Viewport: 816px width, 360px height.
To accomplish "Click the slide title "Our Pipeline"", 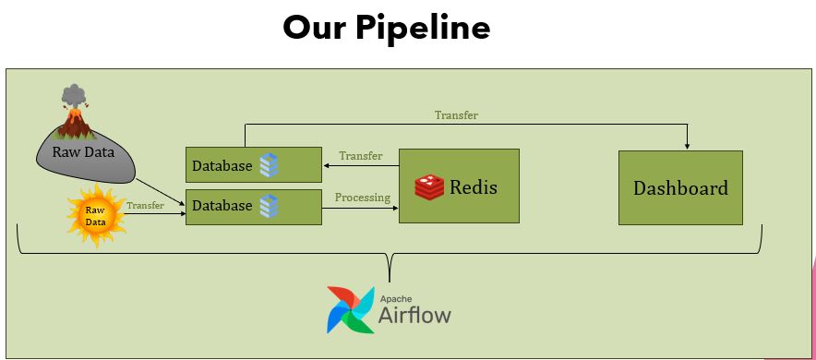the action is point(387,28).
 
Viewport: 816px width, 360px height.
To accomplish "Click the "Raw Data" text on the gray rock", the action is point(83,152).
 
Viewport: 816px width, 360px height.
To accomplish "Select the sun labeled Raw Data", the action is point(96,216).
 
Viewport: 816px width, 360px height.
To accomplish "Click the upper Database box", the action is point(254,165).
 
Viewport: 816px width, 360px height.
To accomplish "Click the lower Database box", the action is point(254,207).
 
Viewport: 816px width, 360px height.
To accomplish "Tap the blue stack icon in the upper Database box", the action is point(269,165).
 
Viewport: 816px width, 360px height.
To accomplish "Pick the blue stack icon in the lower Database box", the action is point(269,206).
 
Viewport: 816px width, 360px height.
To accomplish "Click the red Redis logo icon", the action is point(429,187).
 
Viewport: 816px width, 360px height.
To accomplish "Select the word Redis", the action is point(473,186).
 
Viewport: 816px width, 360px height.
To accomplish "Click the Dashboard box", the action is point(680,187).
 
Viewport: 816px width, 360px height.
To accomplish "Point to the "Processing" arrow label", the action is point(362,198).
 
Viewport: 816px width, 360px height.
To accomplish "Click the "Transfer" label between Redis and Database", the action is point(361,156).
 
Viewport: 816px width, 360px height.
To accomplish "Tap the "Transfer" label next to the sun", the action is point(145,206).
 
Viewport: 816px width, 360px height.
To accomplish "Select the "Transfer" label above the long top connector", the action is point(456,115).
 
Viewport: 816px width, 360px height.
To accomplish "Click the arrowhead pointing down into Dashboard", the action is point(688,147).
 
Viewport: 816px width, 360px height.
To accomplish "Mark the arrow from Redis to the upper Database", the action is point(361,166).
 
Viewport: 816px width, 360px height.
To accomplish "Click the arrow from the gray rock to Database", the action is point(161,191).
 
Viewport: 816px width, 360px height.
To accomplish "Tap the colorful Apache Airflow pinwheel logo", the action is point(350,309).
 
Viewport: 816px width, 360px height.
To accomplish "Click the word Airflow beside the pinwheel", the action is point(414,315).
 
